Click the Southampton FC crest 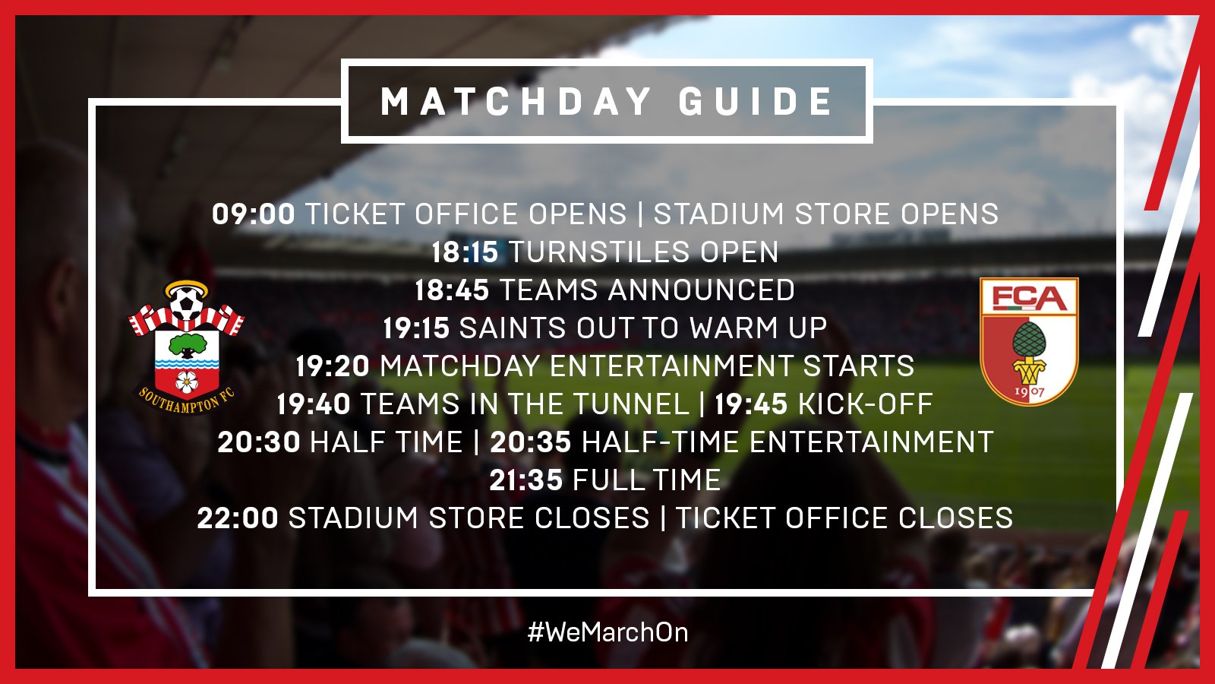[186, 347]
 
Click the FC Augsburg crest [1029, 341]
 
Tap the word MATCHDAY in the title [516, 101]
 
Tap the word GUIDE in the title [756, 101]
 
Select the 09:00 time [254, 214]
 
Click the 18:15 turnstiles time [465, 252]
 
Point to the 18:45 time [452, 290]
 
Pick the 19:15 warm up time [416, 328]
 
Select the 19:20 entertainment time [333, 366]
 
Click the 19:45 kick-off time [751, 404]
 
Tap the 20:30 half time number [259, 442]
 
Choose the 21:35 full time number [526, 480]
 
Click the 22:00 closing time [238, 518]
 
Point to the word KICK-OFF [866, 404]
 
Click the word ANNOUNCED [702, 290]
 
